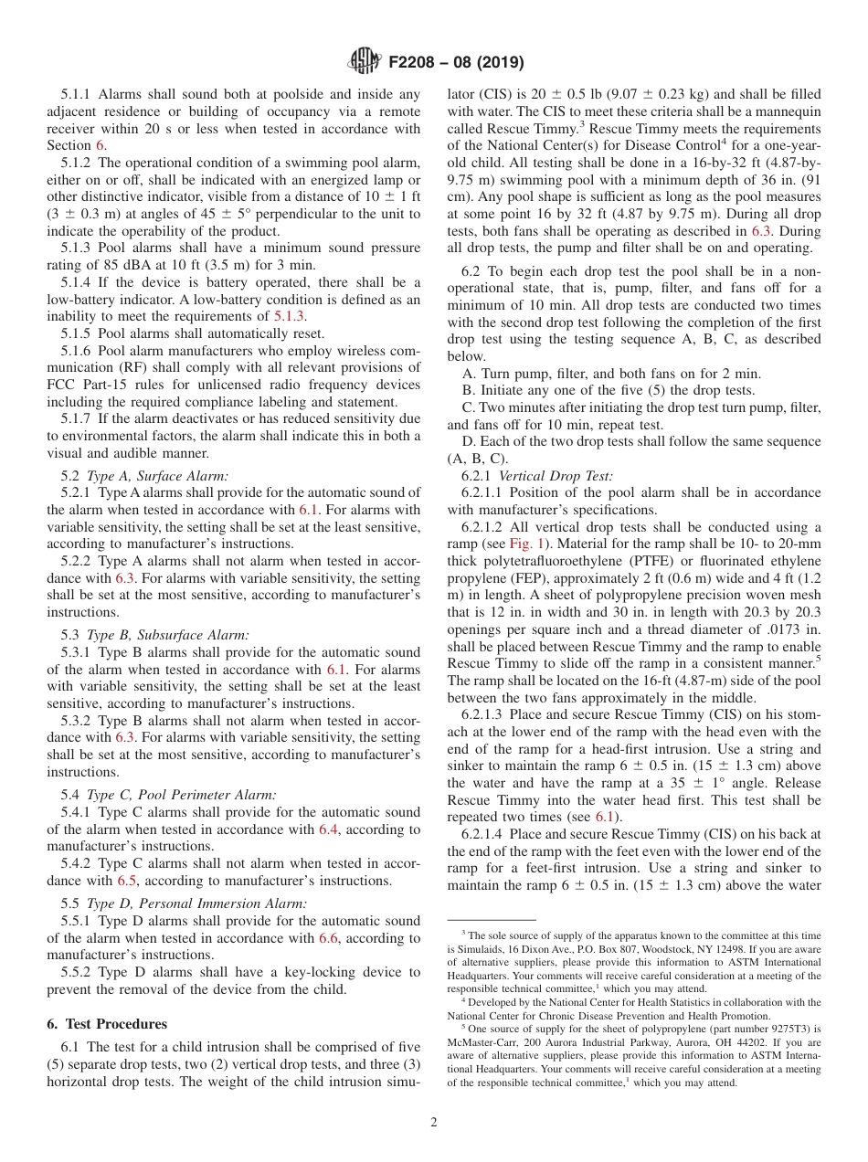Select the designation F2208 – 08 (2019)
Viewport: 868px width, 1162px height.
(x=456, y=63)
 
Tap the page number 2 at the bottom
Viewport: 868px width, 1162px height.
(x=434, y=1122)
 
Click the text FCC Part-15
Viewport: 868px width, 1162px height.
(x=85, y=385)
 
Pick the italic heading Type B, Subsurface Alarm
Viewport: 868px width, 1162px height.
(x=167, y=635)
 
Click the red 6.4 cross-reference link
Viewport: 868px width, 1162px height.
(x=328, y=829)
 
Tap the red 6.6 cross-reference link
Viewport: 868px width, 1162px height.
(x=328, y=937)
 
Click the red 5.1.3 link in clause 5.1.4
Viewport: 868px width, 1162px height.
(x=291, y=316)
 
